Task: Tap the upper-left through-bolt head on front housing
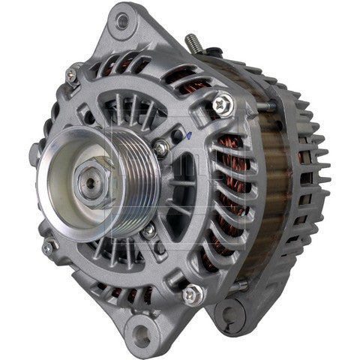pyautogui.click(x=71, y=74)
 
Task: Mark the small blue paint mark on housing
pyautogui.click(x=185, y=136)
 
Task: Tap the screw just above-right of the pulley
pyautogui.click(x=161, y=148)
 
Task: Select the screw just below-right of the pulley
pyautogui.click(x=151, y=230)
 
